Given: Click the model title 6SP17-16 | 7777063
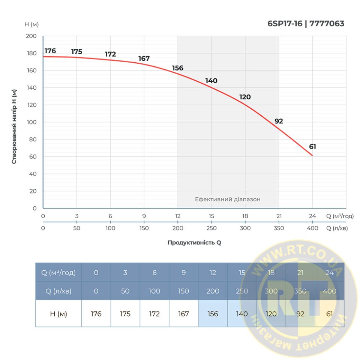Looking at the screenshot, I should [x=306, y=24].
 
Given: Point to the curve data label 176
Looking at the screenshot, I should [x=50, y=51].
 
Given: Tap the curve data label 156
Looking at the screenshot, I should [x=178, y=68].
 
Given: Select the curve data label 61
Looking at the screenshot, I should [x=312, y=147].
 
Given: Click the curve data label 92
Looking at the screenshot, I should [x=279, y=121].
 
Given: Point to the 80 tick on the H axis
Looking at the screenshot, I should [x=33, y=139].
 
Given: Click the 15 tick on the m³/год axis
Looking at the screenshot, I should [x=211, y=216].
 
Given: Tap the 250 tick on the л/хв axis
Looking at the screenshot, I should [x=211, y=228].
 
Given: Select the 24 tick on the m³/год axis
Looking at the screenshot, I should [x=312, y=216].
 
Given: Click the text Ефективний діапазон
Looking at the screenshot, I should [x=228, y=199].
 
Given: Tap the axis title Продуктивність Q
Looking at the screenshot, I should [x=194, y=243].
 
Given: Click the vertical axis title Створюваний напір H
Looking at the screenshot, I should [x=14, y=126].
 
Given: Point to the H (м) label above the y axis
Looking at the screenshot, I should [x=31, y=24].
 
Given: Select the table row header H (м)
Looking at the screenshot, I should [x=58, y=314].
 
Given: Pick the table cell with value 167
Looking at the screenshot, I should [x=183, y=314].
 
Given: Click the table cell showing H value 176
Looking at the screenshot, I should [x=96, y=314].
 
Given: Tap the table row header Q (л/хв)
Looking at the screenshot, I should [x=58, y=291].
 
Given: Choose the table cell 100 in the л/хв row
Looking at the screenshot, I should [x=154, y=291].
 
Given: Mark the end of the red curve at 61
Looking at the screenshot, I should [x=312, y=155].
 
